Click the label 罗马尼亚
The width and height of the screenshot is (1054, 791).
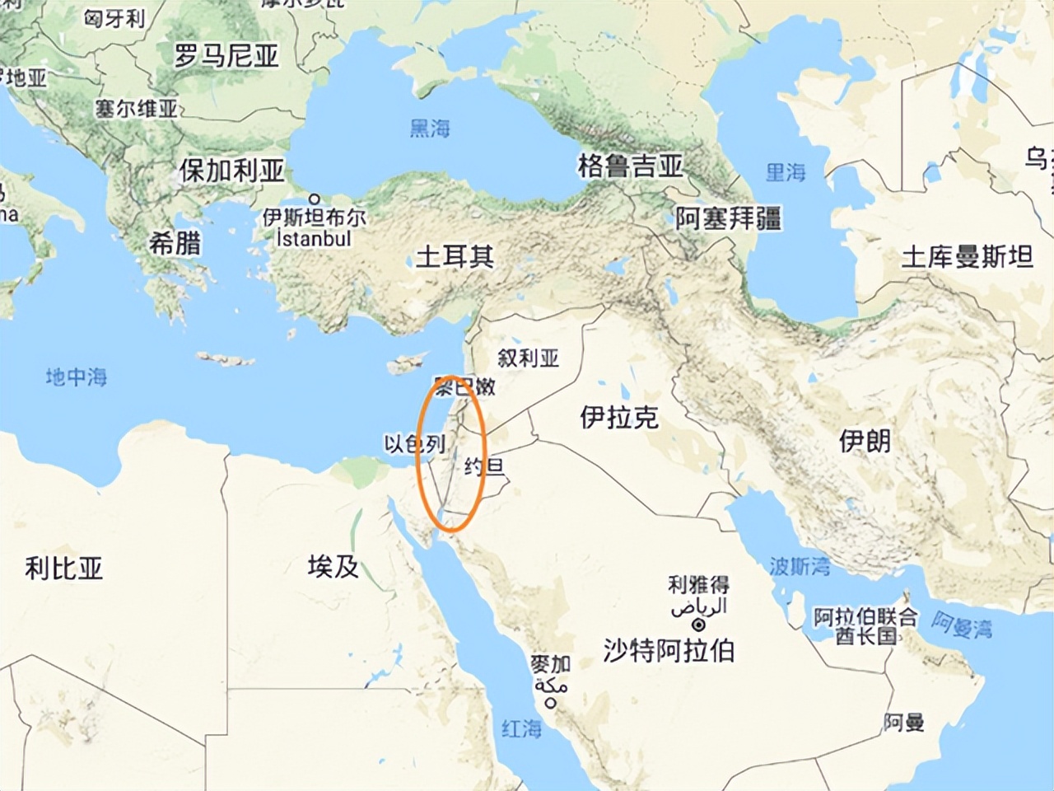(x=227, y=56)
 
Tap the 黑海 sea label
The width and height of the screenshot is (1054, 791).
(x=430, y=128)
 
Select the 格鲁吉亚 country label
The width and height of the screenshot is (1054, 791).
(x=631, y=166)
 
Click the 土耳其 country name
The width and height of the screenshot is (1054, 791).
(x=454, y=256)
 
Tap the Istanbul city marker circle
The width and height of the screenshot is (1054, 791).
(x=315, y=199)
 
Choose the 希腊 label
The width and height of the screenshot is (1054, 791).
(x=175, y=243)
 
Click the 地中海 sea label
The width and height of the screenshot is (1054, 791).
(x=77, y=377)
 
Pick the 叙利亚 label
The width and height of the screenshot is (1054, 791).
(x=529, y=358)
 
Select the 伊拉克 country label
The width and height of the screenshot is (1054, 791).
(x=619, y=418)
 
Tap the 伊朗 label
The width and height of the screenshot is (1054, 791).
(x=865, y=441)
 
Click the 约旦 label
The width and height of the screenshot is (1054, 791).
(x=484, y=467)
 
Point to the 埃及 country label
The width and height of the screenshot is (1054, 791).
(x=333, y=566)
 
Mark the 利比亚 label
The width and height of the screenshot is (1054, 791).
(x=64, y=568)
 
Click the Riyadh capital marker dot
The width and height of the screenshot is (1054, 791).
(x=699, y=625)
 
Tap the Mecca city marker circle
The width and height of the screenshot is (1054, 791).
(x=551, y=703)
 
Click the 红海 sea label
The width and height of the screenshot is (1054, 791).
(x=522, y=728)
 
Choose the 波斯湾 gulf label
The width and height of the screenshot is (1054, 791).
(x=800, y=566)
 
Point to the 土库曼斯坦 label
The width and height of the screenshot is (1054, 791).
(x=967, y=257)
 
